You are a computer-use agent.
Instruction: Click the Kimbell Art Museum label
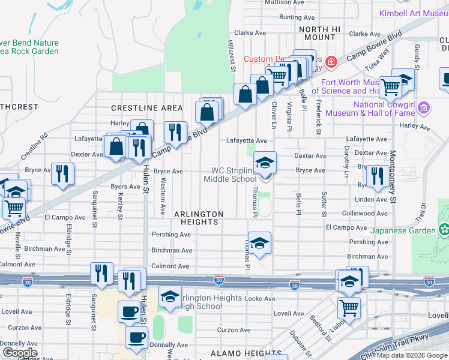tap(414, 13)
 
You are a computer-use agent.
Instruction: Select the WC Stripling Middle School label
tap(230, 175)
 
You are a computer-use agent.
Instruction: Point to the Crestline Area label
tap(147, 108)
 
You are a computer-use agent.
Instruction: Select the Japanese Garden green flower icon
tap(444, 229)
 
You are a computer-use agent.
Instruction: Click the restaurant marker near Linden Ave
tap(377, 175)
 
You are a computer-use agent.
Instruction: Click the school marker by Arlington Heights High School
tap(170, 296)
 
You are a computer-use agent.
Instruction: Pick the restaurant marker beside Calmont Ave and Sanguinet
tap(101, 273)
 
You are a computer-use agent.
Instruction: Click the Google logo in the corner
tap(20, 353)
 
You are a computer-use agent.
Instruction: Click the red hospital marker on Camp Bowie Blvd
tap(330, 62)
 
